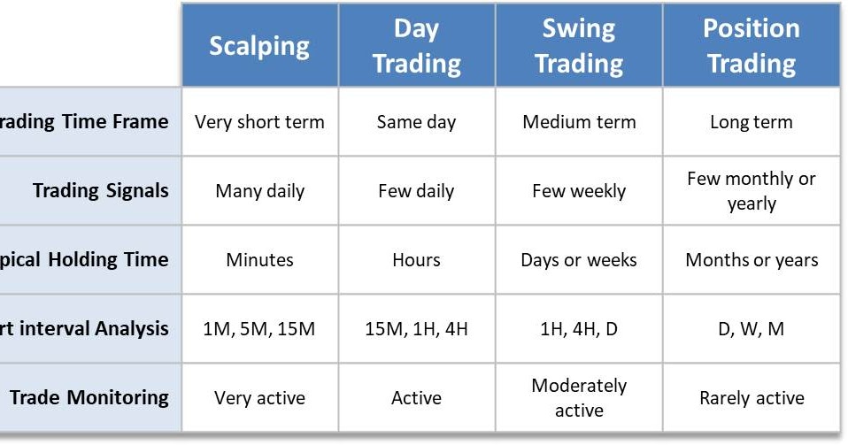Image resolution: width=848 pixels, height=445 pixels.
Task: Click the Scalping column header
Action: pyautogui.click(x=259, y=46)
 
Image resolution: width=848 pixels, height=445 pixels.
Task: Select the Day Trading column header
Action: pyautogui.click(x=416, y=46)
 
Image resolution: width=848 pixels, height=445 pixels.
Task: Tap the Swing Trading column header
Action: pyautogui.click(x=579, y=46)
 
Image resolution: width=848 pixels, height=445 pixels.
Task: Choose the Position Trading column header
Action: pyautogui.click(x=751, y=46)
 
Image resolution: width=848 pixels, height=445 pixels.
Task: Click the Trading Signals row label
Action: pyautogui.click(x=100, y=190)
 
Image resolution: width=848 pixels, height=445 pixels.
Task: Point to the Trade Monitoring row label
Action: pyautogui.click(x=89, y=397)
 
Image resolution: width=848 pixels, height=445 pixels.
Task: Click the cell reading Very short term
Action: pyautogui.click(x=259, y=122)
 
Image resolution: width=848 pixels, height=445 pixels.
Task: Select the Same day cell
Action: pyautogui.click(x=416, y=122)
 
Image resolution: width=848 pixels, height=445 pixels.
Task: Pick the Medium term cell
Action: pyautogui.click(x=579, y=122)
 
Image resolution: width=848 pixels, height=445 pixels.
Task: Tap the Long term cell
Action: pyautogui.click(x=751, y=122)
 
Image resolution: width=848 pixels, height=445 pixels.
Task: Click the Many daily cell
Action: pyautogui.click(x=259, y=191)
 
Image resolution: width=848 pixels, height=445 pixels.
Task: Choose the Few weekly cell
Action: pyautogui.click(x=579, y=191)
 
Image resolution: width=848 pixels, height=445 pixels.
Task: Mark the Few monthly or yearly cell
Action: pyautogui.click(x=751, y=191)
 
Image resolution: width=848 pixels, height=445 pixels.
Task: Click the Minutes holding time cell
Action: pyautogui.click(x=259, y=260)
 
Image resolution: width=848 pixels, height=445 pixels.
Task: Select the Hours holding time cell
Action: pyautogui.click(x=416, y=260)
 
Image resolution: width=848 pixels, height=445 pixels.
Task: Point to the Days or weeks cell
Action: pyautogui.click(x=579, y=260)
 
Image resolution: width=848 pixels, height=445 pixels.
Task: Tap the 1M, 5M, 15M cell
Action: pyautogui.click(x=259, y=329)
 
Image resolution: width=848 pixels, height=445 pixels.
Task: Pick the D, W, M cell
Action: pyautogui.click(x=751, y=329)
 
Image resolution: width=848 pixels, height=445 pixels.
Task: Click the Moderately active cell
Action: pyautogui.click(x=579, y=398)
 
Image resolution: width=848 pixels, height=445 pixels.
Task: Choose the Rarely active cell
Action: pyautogui.click(x=751, y=398)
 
